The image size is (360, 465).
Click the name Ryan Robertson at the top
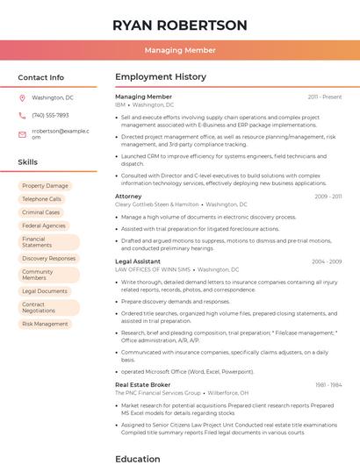[180, 25]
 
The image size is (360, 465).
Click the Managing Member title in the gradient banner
[180, 50]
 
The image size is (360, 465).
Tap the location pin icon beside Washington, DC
[22, 97]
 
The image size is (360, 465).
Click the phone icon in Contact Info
[22, 115]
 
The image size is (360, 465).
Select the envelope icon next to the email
[22, 134]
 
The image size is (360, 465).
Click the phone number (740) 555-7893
[50, 115]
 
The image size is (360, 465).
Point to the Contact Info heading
[41, 77]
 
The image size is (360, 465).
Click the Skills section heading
[28, 162]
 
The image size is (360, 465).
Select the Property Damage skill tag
[45, 186]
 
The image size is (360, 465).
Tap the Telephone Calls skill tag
[42, 199]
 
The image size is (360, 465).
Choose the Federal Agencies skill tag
[44, 225]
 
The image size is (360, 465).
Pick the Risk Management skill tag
[45, 324]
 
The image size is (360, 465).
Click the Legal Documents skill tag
[45, 291]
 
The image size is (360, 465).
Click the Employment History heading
[161, 77]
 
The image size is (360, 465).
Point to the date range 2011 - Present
[325, 97]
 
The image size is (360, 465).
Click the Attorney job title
[128, 197]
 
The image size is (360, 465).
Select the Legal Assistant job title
[138, 261]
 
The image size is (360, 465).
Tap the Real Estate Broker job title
[143, 384]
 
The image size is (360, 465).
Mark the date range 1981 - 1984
[328, 384]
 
